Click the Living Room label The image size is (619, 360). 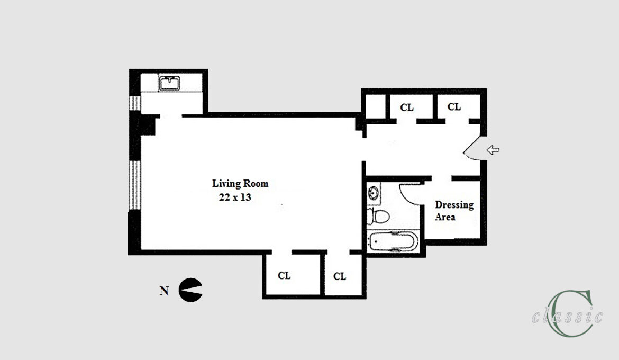[x=240, y=184]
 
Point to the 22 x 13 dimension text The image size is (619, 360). [x=235, y=197]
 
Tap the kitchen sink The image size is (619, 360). [x=169, y=83]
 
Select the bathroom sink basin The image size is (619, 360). [x=374, y=193]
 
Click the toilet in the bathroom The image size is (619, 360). [x=378, y=216]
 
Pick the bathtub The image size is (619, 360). [x=393, y=241]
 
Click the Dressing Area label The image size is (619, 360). [x=454, y=211]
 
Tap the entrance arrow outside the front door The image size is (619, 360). [x=493, y=150]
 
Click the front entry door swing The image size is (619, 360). [x=472, y=149]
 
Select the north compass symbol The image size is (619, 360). [x=190, y=290]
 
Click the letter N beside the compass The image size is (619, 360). [x=164, y=291]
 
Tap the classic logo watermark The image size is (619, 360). [x=567, y=314]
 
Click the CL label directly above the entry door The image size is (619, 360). [x=454, y=107]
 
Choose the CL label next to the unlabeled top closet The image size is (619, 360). [x=407, y=107]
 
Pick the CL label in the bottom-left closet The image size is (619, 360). [x=284, y=275]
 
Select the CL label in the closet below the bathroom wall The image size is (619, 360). [x=340, y=276]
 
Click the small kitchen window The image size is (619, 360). [x=135, y=104]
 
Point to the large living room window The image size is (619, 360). [x=135, y=185]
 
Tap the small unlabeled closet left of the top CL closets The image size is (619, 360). [x=376, y=107]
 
